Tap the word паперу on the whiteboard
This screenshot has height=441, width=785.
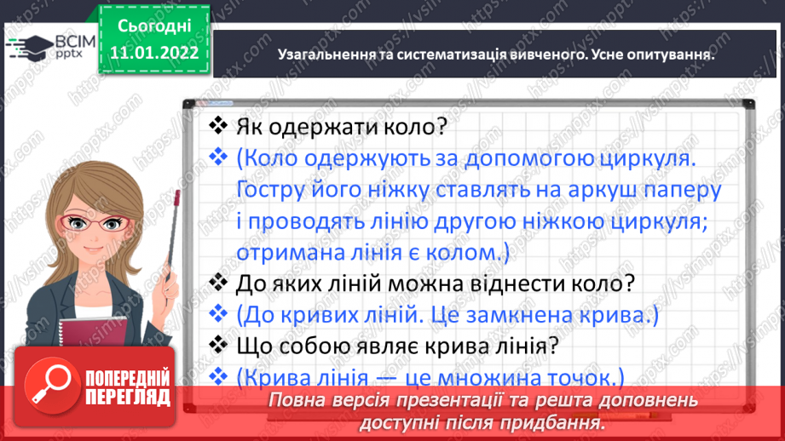pos(672,189)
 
